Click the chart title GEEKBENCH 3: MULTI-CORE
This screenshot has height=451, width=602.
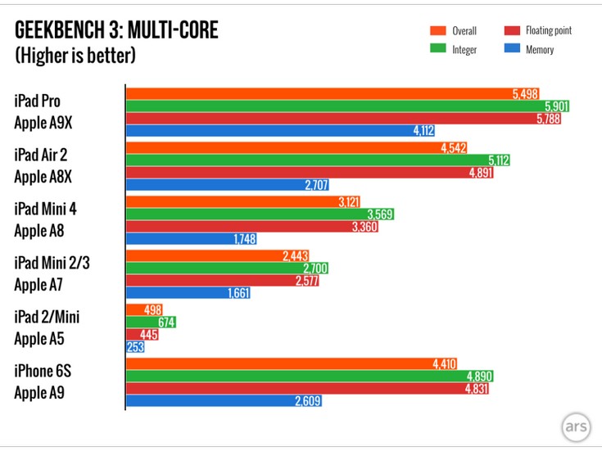[x=117, y=31]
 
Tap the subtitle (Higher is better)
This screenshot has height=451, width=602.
[x=75, y=56]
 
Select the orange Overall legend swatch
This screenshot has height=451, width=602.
[x=437, y=31]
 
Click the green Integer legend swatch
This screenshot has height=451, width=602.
[x=437, y=50]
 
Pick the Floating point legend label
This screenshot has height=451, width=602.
[x=548, y=31]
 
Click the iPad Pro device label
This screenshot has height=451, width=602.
[x=37, y=101]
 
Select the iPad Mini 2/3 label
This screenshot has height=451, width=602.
[x=51, y=262]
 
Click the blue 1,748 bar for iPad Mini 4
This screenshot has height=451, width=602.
[x=188, y=239]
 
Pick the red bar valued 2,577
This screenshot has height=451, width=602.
[x=221, y=281]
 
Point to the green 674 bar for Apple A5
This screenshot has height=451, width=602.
[x=151, y=322]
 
